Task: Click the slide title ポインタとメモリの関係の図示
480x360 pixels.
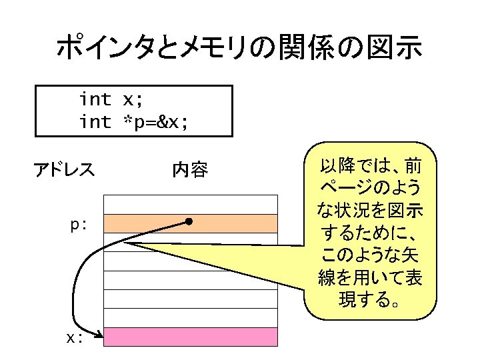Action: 239,48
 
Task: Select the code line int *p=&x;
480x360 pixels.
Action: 133,122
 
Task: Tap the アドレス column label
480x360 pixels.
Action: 64,171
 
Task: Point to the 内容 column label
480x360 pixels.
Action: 190,171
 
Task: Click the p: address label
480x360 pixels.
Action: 79,225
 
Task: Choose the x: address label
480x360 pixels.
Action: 75,337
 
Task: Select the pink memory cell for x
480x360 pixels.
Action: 191,337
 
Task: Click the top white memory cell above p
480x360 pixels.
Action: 191,204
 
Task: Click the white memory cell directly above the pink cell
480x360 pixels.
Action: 191,318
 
